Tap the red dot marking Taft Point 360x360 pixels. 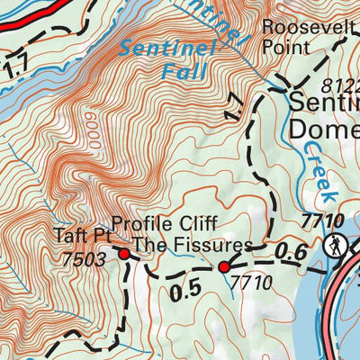[124, 255]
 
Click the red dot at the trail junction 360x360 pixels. [224, 266]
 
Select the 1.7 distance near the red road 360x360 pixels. [13, 67]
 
